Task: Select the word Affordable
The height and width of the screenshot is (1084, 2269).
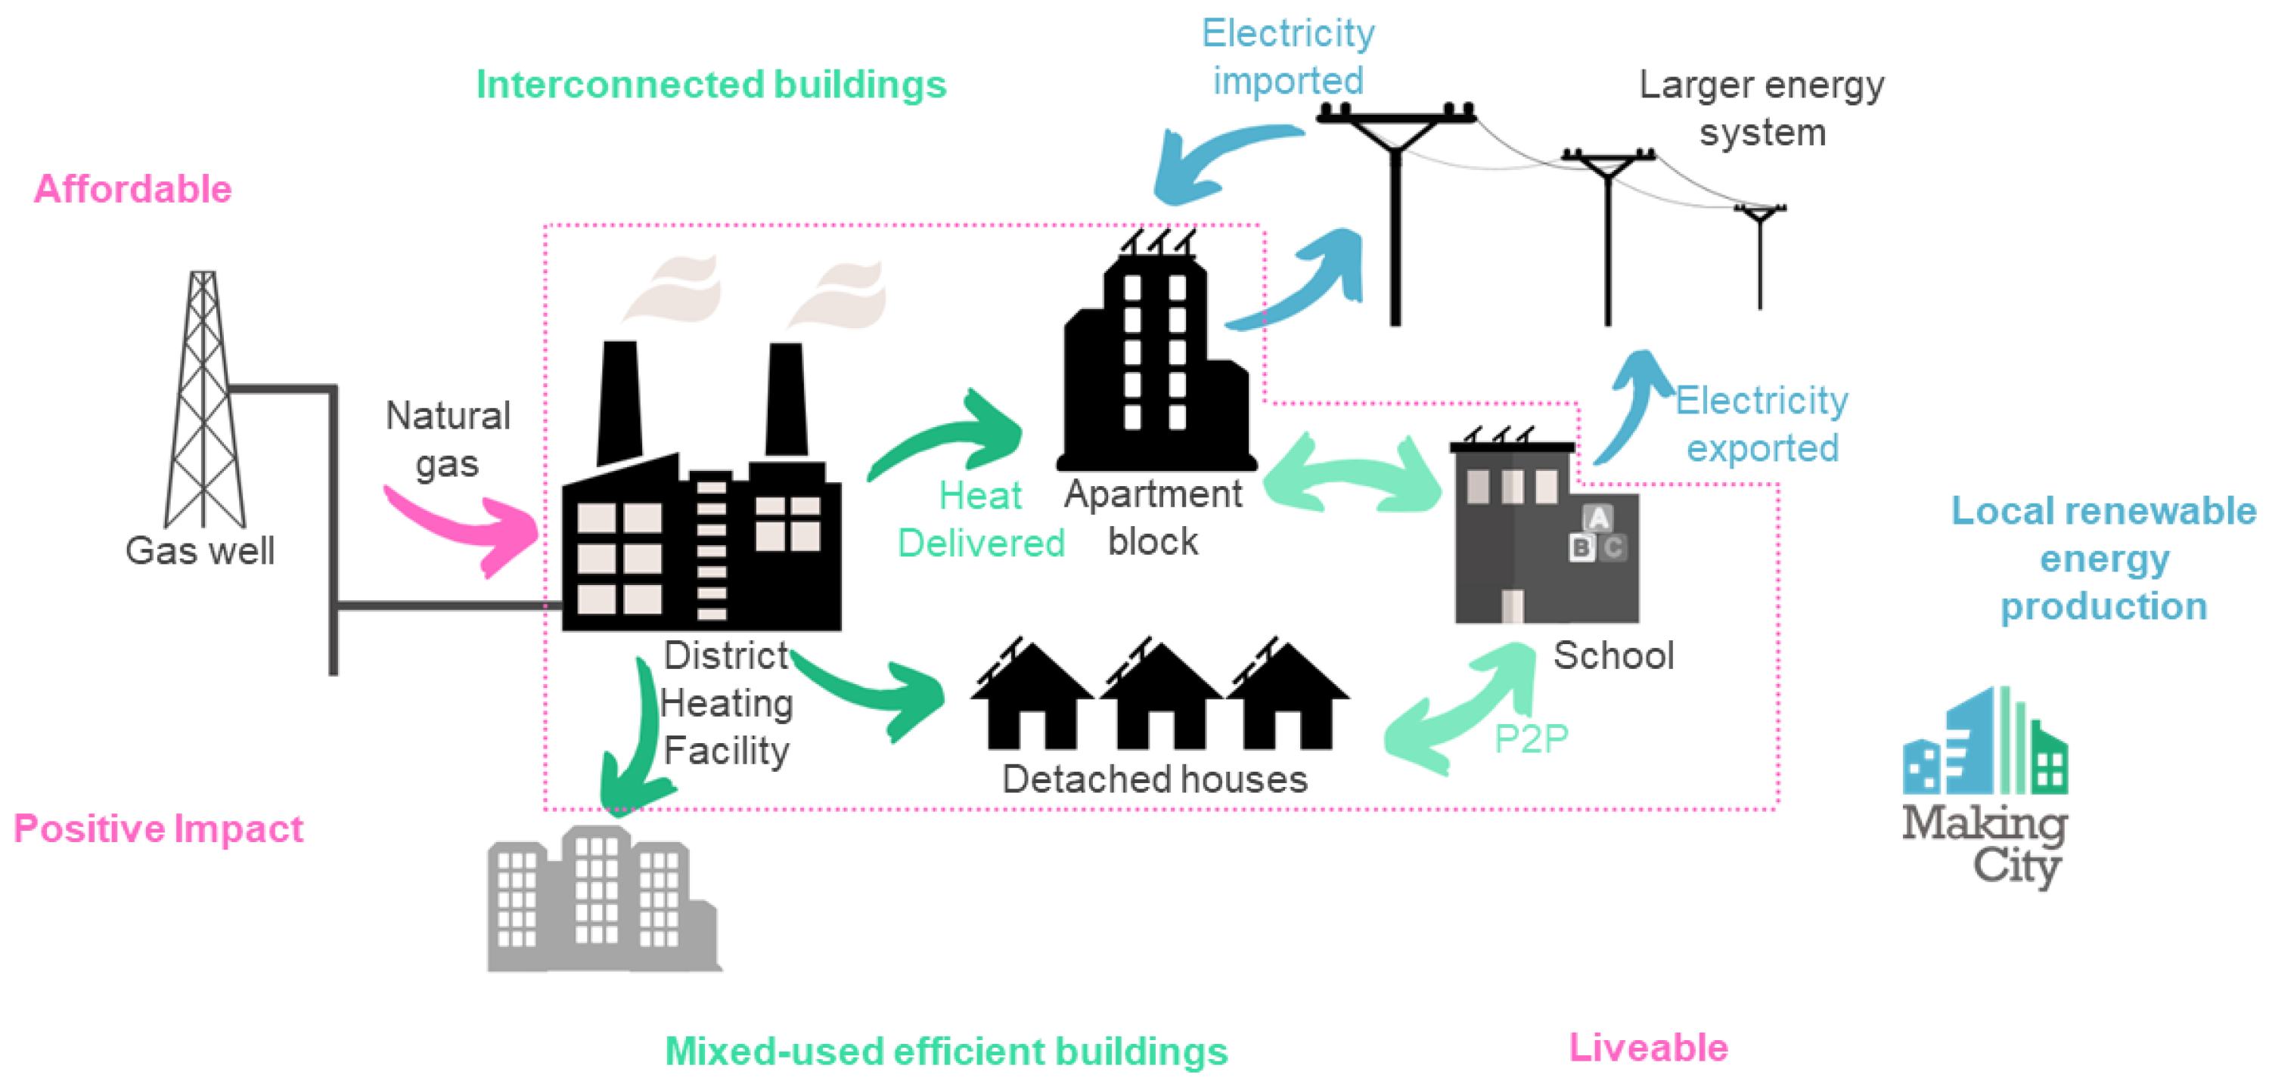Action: click(132, 189)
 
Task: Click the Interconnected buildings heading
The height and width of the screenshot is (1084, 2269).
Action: click(711, 85)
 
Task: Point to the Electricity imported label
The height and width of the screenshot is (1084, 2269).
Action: click(1288, 57)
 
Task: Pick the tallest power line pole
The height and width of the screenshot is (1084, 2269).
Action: click(1395, 220)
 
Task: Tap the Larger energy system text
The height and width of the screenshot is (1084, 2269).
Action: click(1762, 108)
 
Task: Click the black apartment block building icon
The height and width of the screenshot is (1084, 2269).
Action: click(1154, 370)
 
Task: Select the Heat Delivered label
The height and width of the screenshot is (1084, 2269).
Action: click(980, 519)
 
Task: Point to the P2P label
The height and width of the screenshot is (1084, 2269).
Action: click(1531, 739)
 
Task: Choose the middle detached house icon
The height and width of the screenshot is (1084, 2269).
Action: click(1159, 700)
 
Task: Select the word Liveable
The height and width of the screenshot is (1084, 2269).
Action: click(1648, 1048)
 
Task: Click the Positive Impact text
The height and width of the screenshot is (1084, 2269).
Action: click(159, 828)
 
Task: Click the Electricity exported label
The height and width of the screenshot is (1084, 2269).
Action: click(1762, 424)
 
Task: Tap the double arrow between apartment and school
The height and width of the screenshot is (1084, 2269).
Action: click(1352, 475)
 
